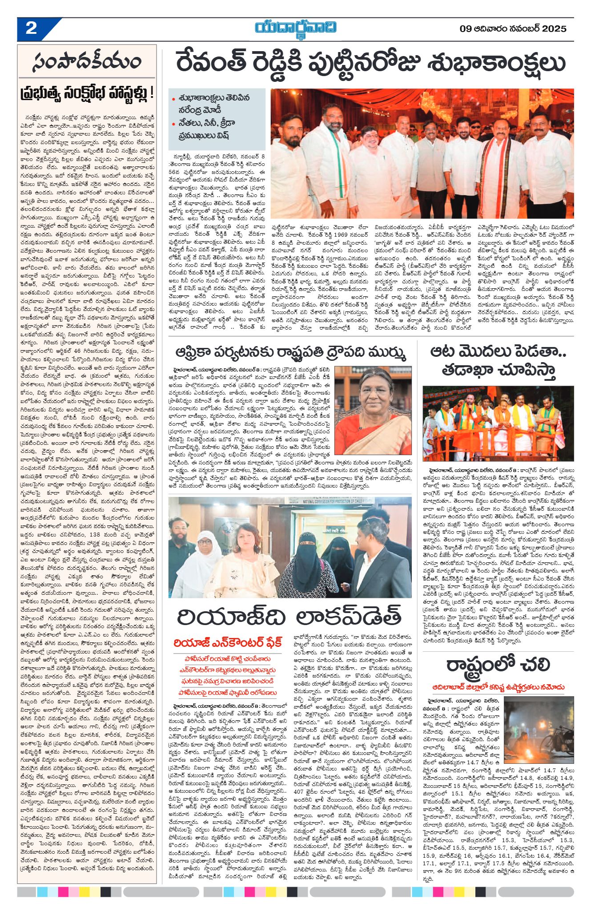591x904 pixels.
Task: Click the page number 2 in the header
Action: (31, 29)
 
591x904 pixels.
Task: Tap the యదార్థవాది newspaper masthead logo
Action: (296, 28)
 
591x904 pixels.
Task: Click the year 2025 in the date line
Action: (554, 29)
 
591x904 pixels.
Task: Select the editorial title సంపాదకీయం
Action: (87, 63)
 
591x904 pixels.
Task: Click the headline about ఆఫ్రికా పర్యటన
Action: (290, 353)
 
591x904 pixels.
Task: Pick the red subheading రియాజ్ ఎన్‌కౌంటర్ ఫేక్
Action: (228, 642)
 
